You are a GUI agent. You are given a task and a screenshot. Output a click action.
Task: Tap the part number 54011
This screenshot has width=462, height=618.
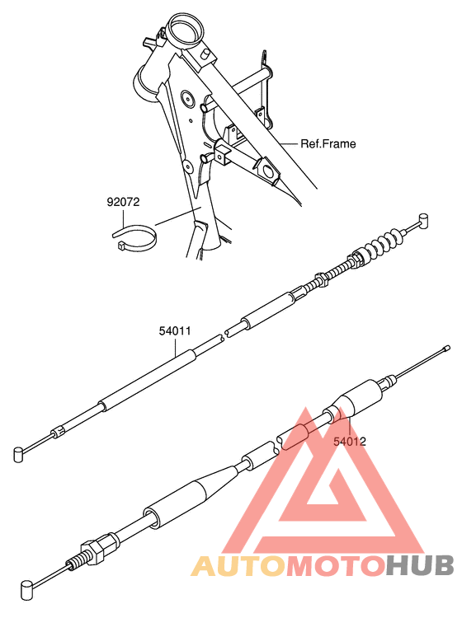click(x=175, y=331)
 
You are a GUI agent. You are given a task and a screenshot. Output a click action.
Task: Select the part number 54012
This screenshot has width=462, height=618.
click(x=350, y=441)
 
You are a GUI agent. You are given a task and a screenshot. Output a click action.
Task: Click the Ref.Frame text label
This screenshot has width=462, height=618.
click(x=328, y=144)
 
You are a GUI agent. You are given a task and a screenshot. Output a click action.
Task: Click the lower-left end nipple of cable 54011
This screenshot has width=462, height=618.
click(x=20, y=452)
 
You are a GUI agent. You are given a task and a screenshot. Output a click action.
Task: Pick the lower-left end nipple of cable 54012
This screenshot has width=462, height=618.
click(x=27, y=587)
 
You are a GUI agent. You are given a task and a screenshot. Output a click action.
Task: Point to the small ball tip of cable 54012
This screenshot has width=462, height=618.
click(x=447, y=349)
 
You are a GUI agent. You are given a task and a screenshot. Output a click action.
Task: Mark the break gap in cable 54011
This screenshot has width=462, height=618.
click(x=221, y=337)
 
